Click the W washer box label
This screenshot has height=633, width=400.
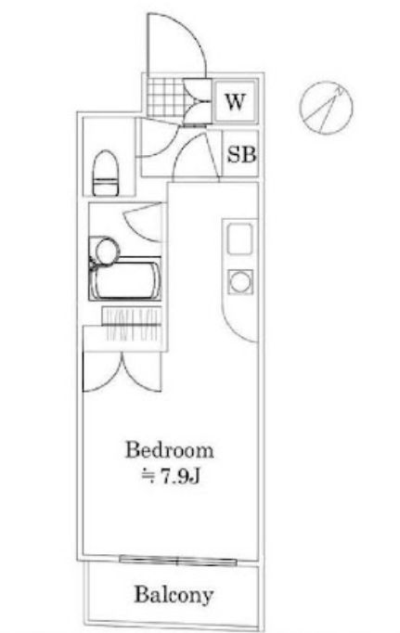tap(235, 102)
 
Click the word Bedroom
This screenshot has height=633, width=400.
tap(170, 452)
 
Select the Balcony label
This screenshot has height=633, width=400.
tap(173, 594)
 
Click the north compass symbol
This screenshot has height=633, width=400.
tap(326, 106)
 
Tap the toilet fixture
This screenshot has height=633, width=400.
tap(107, 174)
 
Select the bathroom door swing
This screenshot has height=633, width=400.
tap(139, 219)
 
